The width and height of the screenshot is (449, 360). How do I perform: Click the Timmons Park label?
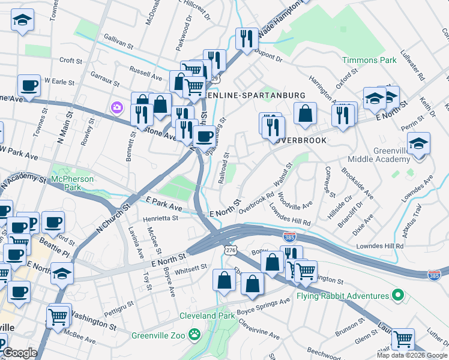point(369,61)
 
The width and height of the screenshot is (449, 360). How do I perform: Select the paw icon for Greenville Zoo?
point(194,334)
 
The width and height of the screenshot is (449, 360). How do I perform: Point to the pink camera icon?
point(116,108)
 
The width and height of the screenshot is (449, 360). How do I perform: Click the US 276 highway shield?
point(229,248)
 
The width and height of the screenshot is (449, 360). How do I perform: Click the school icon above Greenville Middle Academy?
point(418,144)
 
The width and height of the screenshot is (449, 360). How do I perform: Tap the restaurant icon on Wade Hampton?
point(247,39)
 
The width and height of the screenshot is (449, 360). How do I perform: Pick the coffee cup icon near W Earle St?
point(29,86)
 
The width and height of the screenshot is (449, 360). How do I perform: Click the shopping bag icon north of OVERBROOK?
point(305,114)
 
